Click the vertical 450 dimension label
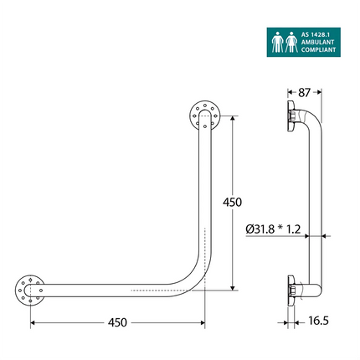[233, 203]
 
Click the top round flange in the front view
[202, 115]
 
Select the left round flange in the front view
[30, 289]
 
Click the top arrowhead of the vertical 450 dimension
[232, 117]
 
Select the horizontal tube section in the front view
[109, 289]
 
